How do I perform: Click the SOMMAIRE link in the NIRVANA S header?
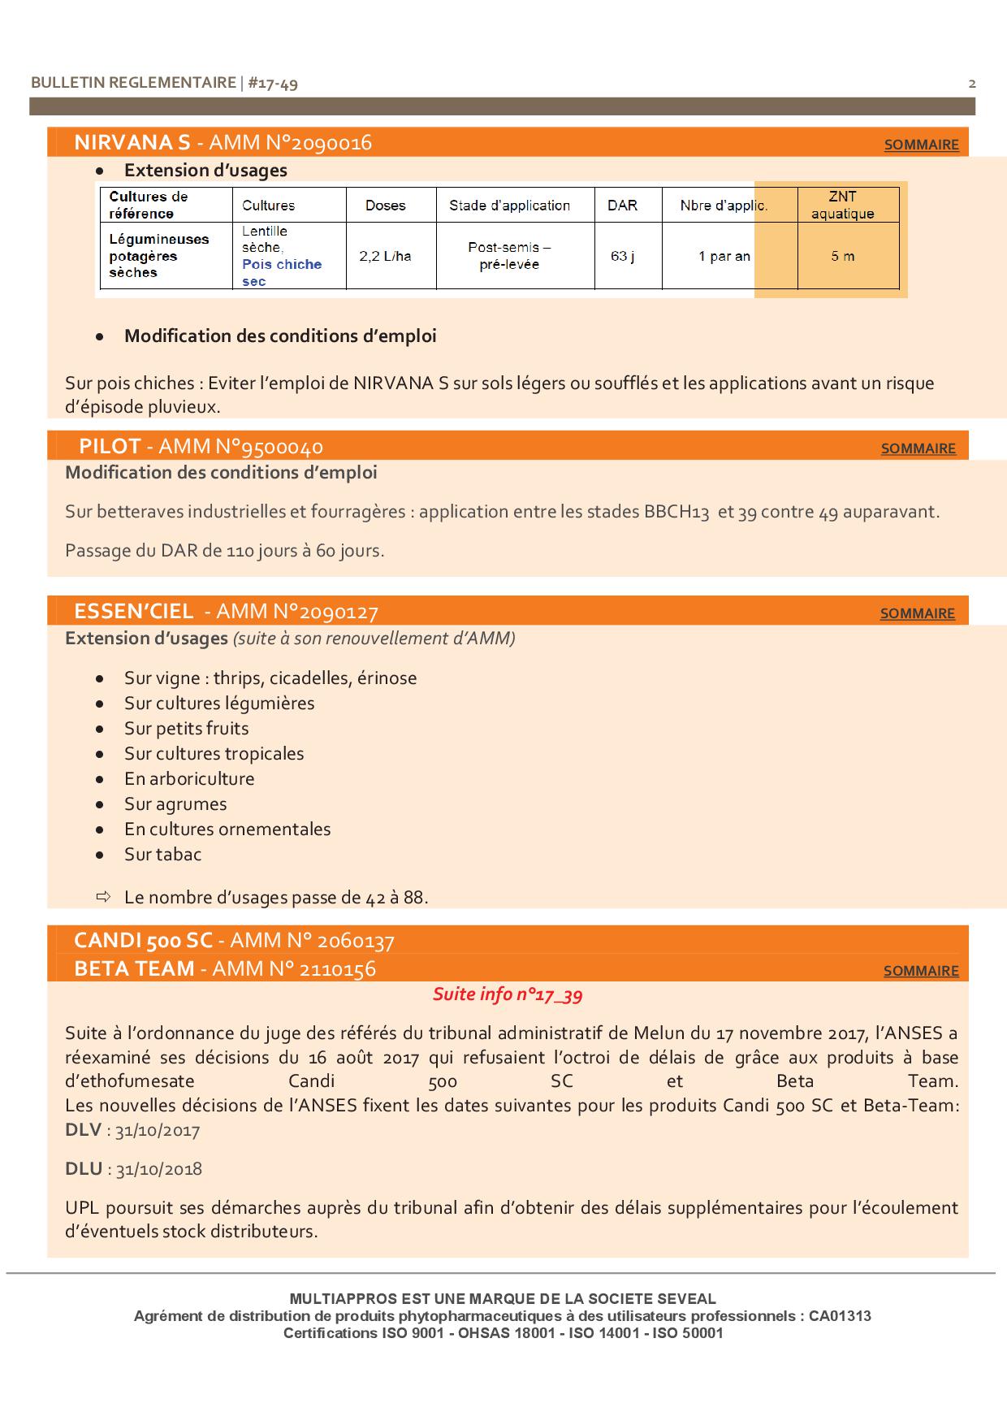921,145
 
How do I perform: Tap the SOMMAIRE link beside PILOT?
918,448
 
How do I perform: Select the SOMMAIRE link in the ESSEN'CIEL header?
917,613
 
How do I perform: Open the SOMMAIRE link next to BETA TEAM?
920,971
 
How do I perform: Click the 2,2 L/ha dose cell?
385,256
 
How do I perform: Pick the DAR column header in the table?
622,205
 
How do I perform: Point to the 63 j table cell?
622,256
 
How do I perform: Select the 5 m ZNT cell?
842,256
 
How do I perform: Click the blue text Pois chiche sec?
281,273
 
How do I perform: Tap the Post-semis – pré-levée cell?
509,256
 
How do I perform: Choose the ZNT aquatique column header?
842,205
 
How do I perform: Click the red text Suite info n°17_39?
508,994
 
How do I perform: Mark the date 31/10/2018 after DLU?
159,1169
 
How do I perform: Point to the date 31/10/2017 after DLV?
158,1130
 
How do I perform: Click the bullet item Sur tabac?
162,855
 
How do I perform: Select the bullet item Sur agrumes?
175,804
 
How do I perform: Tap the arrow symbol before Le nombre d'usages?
102,897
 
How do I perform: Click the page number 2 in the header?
972,83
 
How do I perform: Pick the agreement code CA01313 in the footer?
840,1315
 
